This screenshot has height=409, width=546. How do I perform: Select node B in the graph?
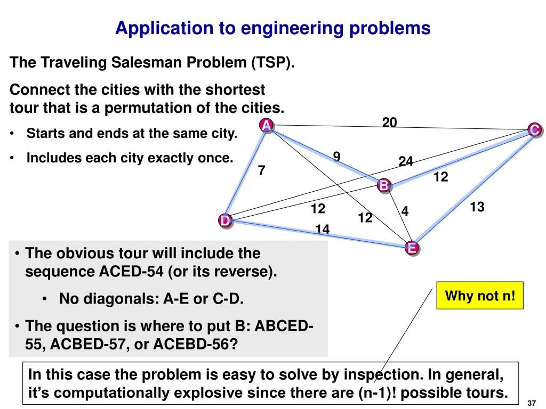pos(384,185)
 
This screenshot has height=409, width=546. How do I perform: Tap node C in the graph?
pos(535,129)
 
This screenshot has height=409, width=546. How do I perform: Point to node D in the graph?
pos(226,220)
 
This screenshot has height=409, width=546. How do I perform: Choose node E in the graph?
pos(411,248)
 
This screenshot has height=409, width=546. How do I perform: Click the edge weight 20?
pos(389,122)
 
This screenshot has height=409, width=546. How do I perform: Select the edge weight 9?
pos(336,156)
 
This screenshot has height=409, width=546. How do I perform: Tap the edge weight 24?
pos(406,161)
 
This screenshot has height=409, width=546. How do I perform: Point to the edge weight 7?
pos(261,170)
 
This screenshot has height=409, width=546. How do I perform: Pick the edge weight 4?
pos(405,211)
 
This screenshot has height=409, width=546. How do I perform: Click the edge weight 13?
pos(477,207)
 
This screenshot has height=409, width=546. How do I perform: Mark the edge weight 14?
pos(322,229)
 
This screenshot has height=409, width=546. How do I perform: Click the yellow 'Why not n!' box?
pos(480,295)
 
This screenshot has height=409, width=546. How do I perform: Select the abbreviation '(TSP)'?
pos(273,63)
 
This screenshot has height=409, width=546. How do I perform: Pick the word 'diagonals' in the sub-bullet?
pos(112,299)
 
